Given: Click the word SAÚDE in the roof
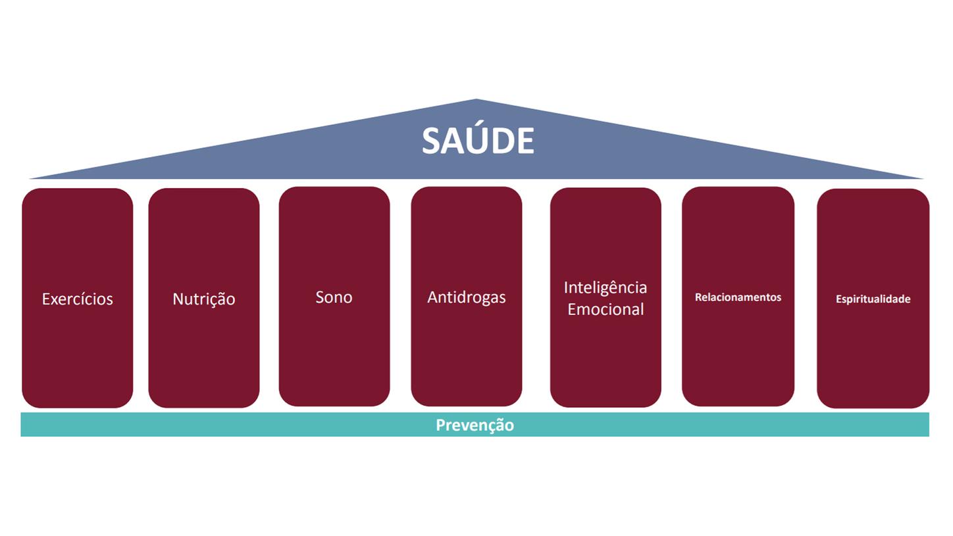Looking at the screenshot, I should pyautogui.click(x=477, y=141).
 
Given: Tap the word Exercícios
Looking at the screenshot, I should pyautogui.click(x=77, y=299).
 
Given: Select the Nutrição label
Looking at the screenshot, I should pyautogui.click(x=203, y=299).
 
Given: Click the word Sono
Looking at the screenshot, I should pyautogui.click(x=334, y=297).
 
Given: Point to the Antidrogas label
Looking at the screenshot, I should pyautogui.click(x=466, y=297).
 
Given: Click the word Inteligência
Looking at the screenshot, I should pyautogui.click(x=605, y=288).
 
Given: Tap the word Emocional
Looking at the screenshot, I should pyautogui.click(x=605, y=309).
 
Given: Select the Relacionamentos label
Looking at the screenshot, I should pyautogui.click(x=738, y=297).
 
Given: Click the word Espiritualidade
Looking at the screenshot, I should pyautogui.click(x=873, y=299).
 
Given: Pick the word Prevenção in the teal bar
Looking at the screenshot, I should pyautogui.click(x=475, y=425).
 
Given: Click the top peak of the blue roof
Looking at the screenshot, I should pyautogui.click(x=476, y=101).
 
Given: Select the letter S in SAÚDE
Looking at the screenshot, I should pyautogui.click(x=431, y=141).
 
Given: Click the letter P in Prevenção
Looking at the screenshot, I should pyautogui.click(x=441, y=425).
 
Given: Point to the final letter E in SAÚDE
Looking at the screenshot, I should pyautogui.click(x=525, y=141).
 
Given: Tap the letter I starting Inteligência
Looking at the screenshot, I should pyautogui.click(x=566, y=288).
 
